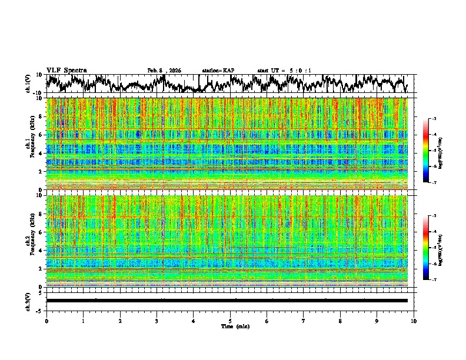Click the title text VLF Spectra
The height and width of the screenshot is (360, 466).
[x=66, y=70]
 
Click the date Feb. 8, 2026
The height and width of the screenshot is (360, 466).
[x=164, y=71]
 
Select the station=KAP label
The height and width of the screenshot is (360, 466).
[x=218, y=71]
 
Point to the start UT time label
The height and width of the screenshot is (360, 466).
[x=284, y=71]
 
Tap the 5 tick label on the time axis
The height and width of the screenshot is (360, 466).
[x=230, y=321]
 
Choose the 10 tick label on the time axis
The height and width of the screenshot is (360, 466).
[x=414, y=321]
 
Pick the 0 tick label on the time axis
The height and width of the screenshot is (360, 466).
[x=46, y=321]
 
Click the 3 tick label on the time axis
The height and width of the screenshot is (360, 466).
[x=157, y=321]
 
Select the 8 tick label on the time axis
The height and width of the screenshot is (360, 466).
[x=340, y=321]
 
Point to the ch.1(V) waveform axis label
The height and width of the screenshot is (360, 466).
[x=28, y=84]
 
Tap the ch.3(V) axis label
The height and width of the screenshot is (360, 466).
[x=28, y=301]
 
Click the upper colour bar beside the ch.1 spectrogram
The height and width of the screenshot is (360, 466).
[x=432, y=151]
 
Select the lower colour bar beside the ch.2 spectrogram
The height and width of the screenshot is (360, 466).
[x=432, y=248]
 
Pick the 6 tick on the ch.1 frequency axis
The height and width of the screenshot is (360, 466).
[x=40, y=135]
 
